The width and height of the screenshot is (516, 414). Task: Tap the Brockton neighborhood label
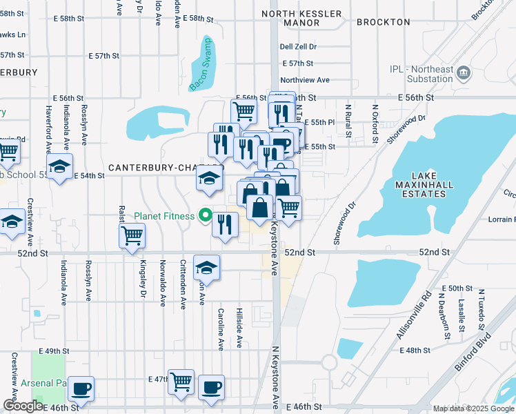click(x=384, y=22)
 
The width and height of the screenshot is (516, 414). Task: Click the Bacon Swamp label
click(x=201, y=66)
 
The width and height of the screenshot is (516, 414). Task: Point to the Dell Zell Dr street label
click(x=298, y=47)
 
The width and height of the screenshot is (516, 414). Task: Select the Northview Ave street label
click(x=305, y=79)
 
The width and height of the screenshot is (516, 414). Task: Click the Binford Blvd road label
click(x=473, y=351)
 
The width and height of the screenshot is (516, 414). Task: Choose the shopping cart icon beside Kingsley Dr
click(x=132, y=236)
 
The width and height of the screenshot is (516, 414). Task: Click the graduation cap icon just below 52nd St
click(x=206, y=268)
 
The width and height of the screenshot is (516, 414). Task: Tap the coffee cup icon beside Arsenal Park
click(x=81, y=388)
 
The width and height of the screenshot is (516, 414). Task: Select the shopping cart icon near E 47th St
click(x=181, y=380)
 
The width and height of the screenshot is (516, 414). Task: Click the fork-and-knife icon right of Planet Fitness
click(x=225, y=224)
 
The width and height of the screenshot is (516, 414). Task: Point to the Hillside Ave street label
click(x=239, y=328)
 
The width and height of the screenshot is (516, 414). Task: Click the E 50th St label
click(x=457, y=288)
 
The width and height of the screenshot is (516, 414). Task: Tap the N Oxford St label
click(x=376, y=124)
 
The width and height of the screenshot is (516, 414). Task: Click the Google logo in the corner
click(x=23, y=406)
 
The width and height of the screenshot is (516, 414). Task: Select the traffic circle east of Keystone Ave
click(x=328, y=362)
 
